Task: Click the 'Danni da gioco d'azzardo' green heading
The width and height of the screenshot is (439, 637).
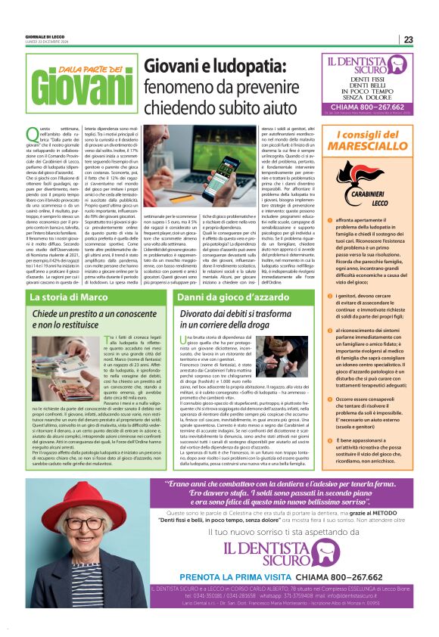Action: click(219, 298)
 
